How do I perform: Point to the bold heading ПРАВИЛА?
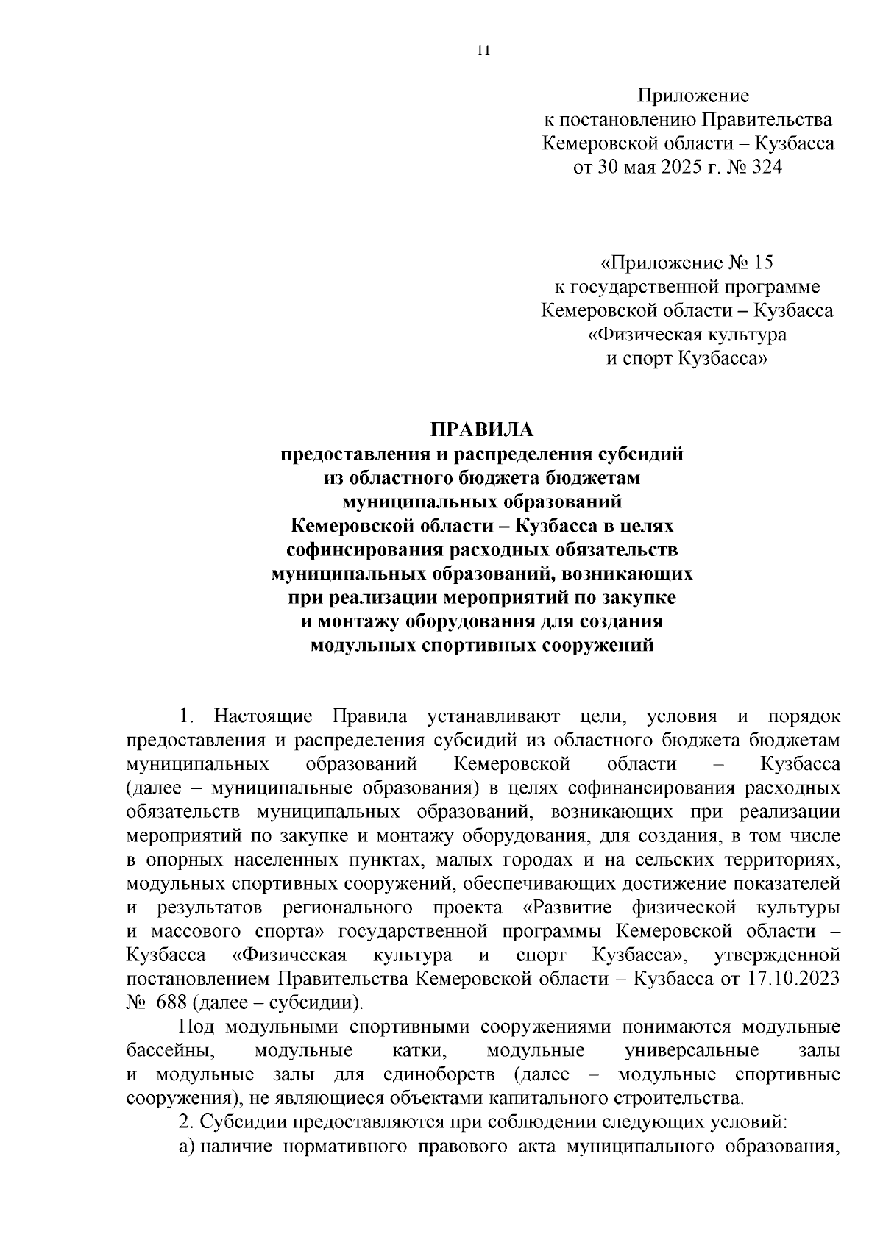[481, 429]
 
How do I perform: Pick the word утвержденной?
[777, 955]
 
